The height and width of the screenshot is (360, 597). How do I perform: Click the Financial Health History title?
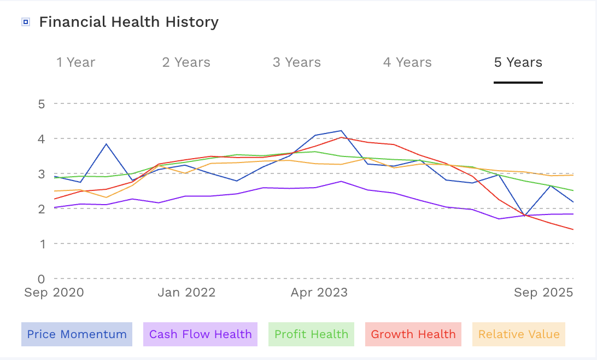128,22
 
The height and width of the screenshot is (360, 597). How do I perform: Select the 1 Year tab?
76,62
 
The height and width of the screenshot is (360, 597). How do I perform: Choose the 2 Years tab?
186,62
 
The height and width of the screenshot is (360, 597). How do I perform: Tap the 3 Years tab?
297,62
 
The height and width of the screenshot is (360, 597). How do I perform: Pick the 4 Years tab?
407,62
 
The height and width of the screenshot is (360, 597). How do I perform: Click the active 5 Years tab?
518,62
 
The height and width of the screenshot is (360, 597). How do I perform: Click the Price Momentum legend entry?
77,334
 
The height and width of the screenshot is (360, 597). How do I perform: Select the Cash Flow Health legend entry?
200,334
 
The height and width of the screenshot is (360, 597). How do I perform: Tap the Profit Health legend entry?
311,334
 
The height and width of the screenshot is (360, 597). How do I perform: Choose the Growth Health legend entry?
413,334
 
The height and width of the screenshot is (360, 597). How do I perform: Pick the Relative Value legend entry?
519,334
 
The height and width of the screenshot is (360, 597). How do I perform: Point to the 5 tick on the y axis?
42,103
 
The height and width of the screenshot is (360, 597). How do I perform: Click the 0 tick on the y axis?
42,278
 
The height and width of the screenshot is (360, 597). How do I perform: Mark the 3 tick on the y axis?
42,174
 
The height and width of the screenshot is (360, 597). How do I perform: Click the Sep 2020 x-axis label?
54,293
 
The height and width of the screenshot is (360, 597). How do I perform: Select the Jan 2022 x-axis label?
186,293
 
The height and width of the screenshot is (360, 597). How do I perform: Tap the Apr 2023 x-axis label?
319,293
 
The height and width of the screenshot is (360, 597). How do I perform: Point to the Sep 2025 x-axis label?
543,293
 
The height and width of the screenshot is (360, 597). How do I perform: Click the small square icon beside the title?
25,22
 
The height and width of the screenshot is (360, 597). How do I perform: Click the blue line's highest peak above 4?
341,131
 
